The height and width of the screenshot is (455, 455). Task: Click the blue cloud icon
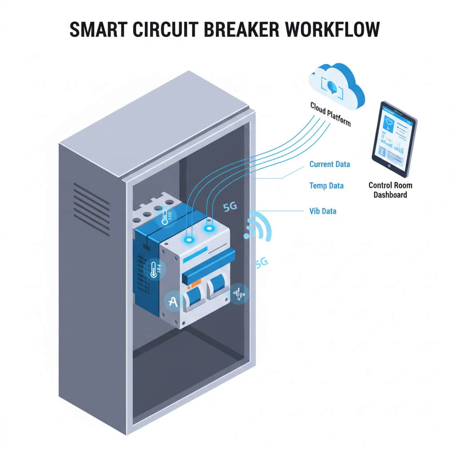coord(336,84)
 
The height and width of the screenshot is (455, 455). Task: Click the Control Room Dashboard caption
coord(390,190)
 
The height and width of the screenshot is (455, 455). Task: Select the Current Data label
coord(329,164)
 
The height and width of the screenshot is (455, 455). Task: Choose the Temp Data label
coord(326,186)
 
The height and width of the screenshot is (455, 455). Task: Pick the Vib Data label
coord(323,211)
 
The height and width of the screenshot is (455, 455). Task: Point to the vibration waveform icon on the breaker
coord(239,294)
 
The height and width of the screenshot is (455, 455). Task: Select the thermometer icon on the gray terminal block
coord(165,217)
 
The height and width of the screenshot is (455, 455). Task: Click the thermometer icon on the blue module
coord(154,269)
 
